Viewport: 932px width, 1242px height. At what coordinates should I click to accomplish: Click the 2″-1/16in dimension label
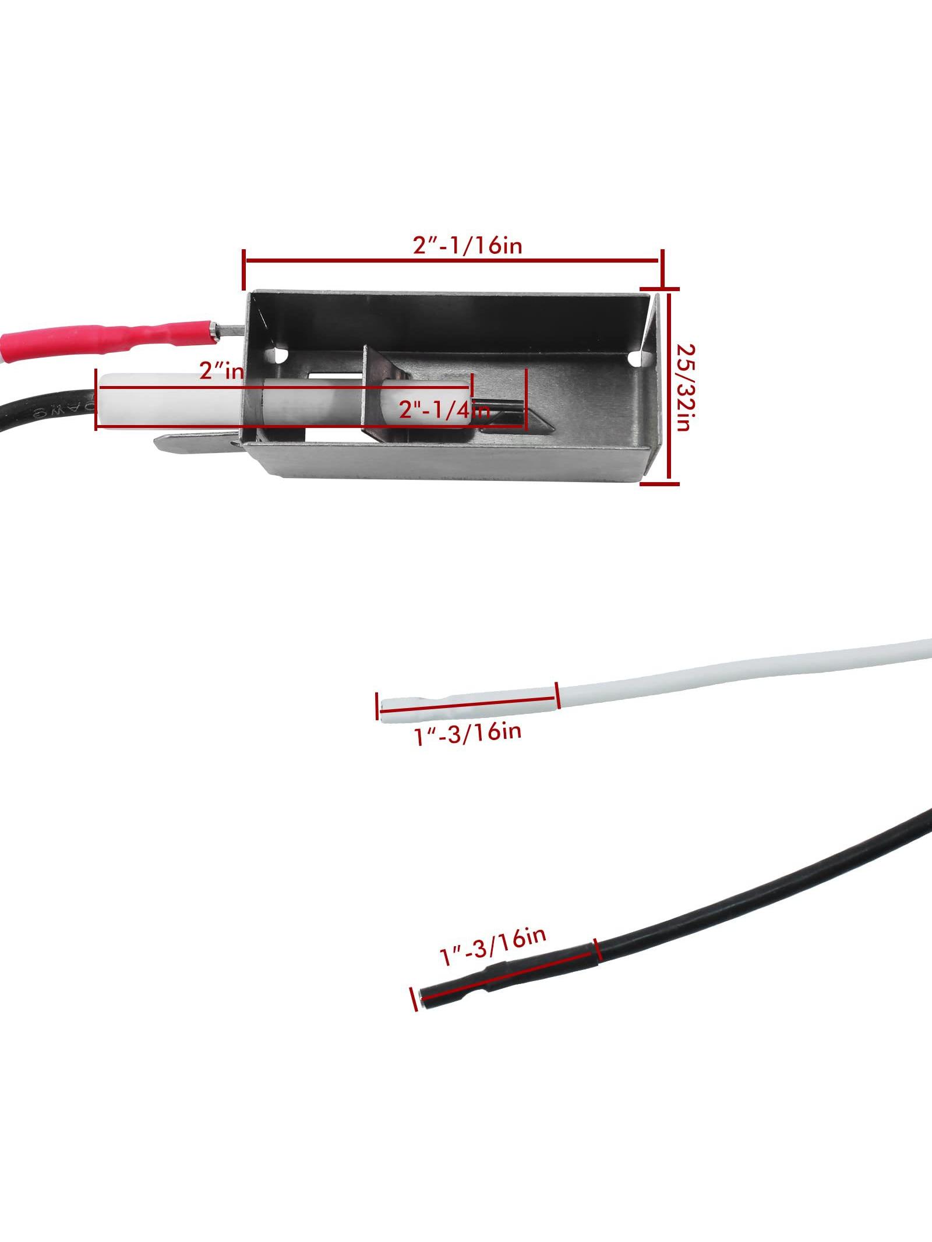(468, 246)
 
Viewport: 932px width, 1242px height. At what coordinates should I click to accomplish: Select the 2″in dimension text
(221, 370)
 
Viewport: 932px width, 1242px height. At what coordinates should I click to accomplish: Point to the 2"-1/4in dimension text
(444, 411)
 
